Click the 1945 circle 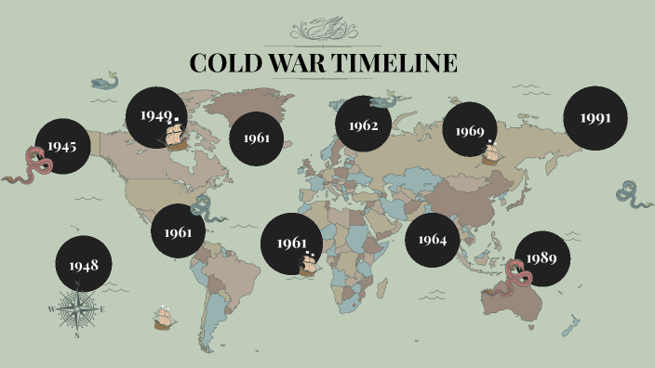tap(63, 147)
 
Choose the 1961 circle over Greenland tap(257, 138)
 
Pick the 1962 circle tap(363, 125)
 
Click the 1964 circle tap(433, 240)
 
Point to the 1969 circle tap(471, 130)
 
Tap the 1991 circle tap(595, 118)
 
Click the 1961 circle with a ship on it tap(290, 243)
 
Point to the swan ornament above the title tap(323, 30)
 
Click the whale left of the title tap(106, 82)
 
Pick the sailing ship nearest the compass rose tap(165, 319)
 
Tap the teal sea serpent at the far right tap(630, 194)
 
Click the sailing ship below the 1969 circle tap(491, 152)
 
